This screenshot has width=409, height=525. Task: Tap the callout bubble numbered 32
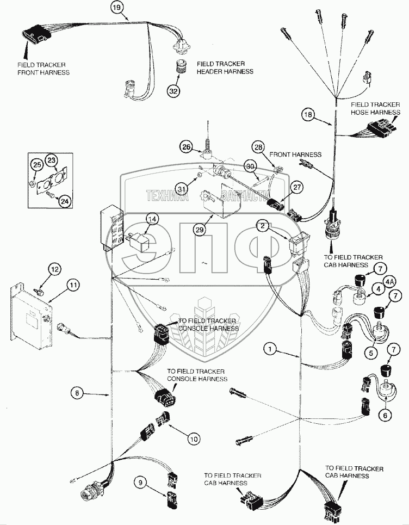point(173,91)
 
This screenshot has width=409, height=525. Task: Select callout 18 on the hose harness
point(308,115)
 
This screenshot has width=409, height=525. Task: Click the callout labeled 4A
point(389,282)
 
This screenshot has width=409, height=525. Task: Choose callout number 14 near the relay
point(153,219)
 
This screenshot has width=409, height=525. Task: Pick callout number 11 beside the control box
point(73,284)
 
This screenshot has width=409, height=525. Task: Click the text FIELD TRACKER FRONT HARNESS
point(43,69)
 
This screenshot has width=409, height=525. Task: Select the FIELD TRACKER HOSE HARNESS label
point(375,108)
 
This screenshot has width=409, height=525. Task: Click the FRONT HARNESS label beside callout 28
point(295,155)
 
